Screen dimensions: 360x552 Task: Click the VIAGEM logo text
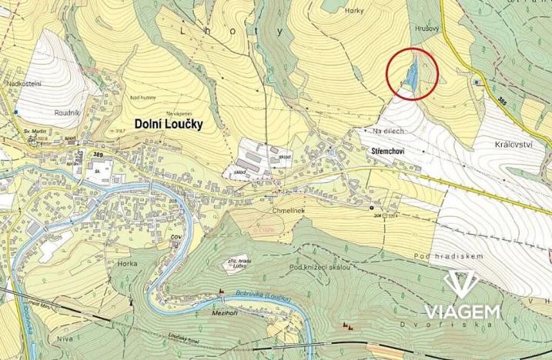pos(462,311)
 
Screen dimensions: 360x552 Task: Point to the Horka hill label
pos(127,263)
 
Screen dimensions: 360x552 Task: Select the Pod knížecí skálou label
pos(320,267)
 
